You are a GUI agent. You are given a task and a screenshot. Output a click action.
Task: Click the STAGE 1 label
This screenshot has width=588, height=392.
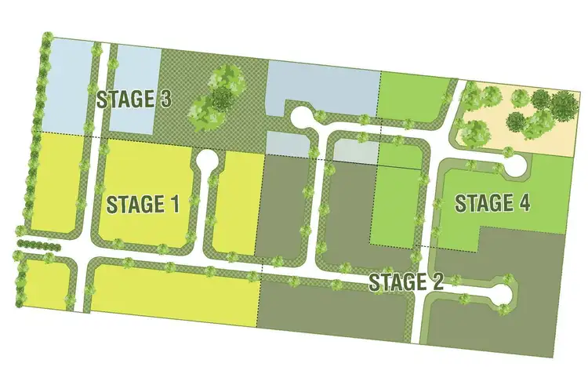pos(143,205)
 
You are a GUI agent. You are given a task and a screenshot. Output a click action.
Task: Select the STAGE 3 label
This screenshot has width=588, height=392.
pos(133,100)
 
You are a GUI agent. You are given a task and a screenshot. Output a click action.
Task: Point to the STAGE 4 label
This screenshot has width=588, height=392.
pos(492,203)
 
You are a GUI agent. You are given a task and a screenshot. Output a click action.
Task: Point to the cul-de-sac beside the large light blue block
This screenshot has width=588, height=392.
pos(301,118)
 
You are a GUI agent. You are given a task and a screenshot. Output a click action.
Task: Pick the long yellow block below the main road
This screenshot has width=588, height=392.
pos(176,294)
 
